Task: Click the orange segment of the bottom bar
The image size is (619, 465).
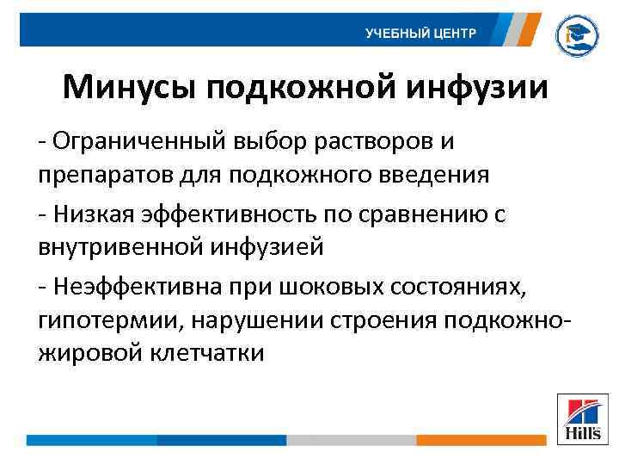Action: click(481, 440)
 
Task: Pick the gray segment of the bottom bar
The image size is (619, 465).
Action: click(351, 440)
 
